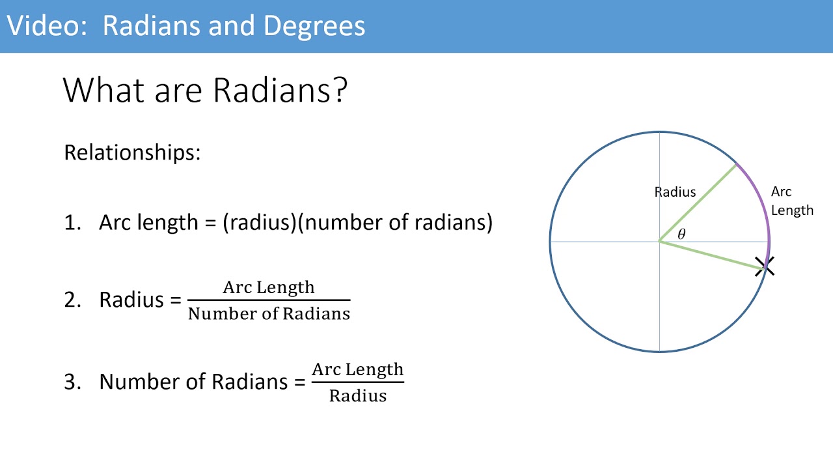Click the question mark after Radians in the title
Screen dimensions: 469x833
tap(339, 91)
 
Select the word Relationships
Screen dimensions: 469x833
tap(132, 152)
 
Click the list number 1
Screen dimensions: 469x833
tap(71, 223)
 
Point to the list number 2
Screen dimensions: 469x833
tap(71, 300)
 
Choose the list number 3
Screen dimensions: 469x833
tap(71, 382)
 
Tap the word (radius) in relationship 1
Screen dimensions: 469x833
tap(260, 223)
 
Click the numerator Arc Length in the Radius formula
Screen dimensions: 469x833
tap(268, 287)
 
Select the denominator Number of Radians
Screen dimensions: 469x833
tap(269, 314)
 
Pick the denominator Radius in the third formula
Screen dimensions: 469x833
tap(357, 395)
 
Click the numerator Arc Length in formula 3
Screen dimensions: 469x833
tap(357, 369)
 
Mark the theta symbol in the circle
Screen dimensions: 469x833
tap(681, 234)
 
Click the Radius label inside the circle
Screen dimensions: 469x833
tap(675, 192)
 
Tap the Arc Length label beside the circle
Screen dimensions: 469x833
tap(791, 201)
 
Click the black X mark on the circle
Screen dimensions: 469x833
tap(765, 266)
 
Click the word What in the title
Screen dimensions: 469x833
tap(103, 91)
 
